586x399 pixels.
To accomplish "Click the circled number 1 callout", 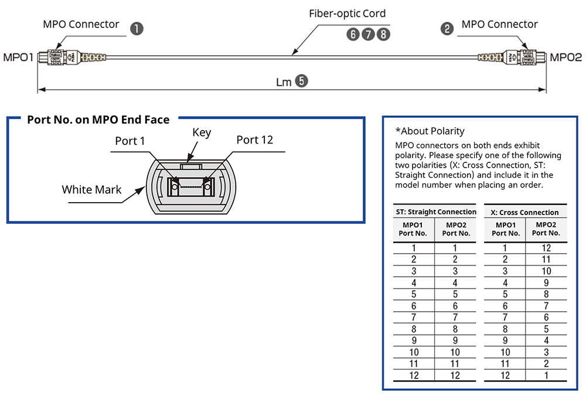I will click(x=137, y=29).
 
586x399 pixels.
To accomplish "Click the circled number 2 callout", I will click(x=447, y=29).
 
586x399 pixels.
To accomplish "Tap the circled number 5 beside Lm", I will click(x=301, y=81).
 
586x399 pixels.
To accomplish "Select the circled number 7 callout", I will click(x=368, y=34).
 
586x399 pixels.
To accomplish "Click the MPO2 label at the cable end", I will click(x=566, y=57).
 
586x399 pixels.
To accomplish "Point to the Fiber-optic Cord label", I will click(x=347, y=13).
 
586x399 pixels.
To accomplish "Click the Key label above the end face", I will click(x=202, y=133).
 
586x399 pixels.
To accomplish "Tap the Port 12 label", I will click(x=254, y=140).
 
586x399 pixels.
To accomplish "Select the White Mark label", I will click(x=92, y=189).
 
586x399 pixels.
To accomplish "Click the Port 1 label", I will click(x=130, y=141).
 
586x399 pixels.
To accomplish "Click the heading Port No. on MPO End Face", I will click(x=98, y=120).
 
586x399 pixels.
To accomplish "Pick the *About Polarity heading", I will click(x=430, y=131).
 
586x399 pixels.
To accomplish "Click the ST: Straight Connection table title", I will click(x=435, y=212).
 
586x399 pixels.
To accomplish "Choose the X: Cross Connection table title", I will click(x=524, y=212).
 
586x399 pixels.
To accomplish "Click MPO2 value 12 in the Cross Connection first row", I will click(x=546, y=248).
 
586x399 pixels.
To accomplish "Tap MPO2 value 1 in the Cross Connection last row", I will click(x=546, y=376).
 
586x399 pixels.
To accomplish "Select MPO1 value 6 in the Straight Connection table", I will click(x=414, y=306).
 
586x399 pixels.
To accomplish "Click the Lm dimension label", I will click(x=284, y=82).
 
